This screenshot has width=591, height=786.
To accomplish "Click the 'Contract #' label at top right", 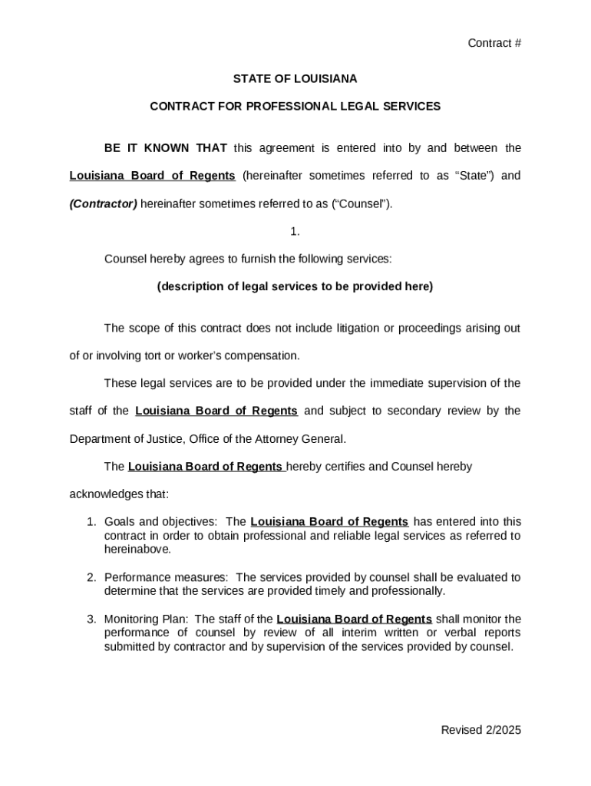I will (x=494, y=43).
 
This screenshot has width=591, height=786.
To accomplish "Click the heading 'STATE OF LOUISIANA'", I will (x=295, y=78).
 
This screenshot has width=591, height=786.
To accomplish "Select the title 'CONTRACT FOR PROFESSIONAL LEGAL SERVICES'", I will (x=295, y=106).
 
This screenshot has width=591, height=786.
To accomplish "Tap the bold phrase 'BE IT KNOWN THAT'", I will (x=165, y=147).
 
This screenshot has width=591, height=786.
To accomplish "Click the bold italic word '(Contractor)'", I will (x=104, y=203).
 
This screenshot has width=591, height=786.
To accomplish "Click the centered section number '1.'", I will (x=295, y=231).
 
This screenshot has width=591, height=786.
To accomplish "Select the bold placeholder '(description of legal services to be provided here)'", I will (x=295, y=286).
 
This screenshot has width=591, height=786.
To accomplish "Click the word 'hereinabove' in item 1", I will (x=136, y=550).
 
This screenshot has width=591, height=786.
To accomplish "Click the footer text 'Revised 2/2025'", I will (x=480, y=730).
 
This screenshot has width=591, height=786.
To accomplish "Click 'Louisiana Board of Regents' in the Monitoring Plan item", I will (x=354, y=619).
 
